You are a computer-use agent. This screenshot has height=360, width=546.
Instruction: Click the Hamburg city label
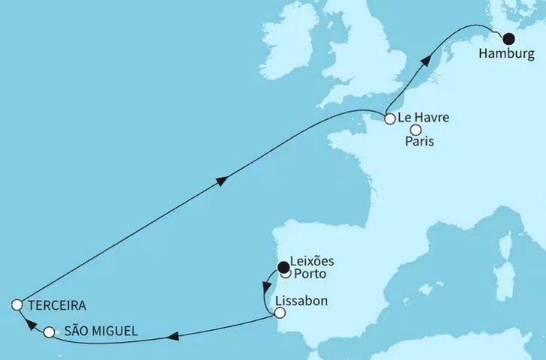click(508, 55)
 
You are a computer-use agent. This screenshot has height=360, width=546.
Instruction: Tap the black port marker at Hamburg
click(508, 40)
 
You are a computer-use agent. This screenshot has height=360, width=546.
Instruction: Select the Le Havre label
click(424, 117)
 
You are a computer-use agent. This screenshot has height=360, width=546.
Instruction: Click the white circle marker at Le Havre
click(389, 118)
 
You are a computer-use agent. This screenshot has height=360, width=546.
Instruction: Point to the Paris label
click(420, 142)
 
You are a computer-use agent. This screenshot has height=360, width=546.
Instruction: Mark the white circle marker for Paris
click(415, 129)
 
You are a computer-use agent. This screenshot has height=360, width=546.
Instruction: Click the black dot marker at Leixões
click(283, 265)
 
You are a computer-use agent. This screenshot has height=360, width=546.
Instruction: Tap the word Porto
click(310, 274)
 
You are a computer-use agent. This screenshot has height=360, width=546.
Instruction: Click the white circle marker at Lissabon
click(279, 313)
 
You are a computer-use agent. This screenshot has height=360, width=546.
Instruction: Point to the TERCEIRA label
click(57, 306)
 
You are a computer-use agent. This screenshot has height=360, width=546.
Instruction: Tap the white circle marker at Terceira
click(16, 304)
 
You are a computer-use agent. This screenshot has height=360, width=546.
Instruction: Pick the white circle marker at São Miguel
click(49, 331)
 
